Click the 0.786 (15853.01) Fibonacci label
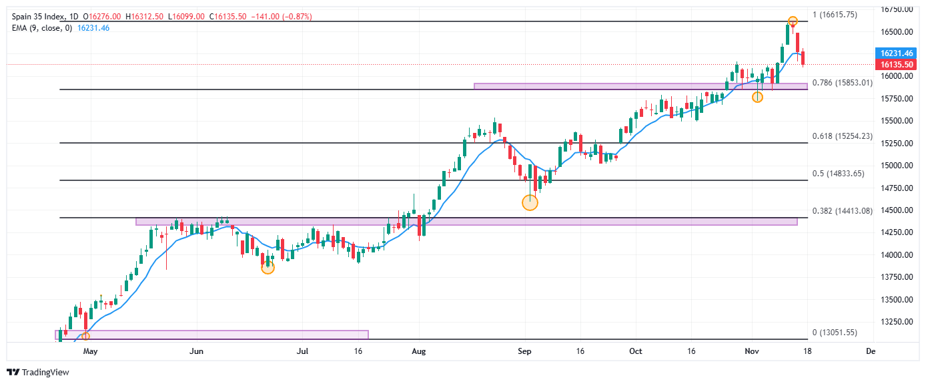pos(842,83)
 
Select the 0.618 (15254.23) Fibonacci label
pos(842,136)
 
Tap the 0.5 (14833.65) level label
pos(838,174)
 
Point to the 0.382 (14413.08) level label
pos(842,211)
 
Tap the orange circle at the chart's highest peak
pos(793,21)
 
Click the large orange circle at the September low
pos(530,202)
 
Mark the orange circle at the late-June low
pos(268,268)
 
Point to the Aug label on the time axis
pos(418,351)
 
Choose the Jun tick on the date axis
pos(196,351)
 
